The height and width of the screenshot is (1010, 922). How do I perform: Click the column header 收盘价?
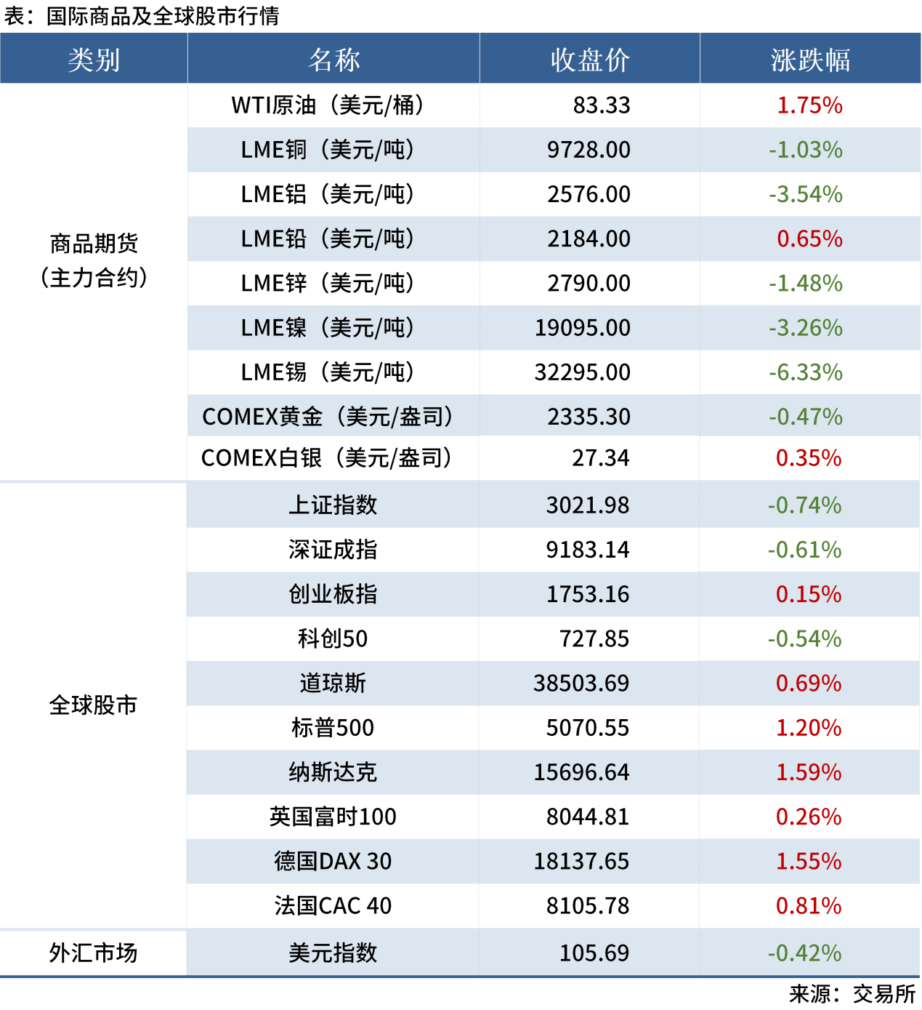click(589, 60)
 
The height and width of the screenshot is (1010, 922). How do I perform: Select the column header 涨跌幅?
click(810, 60)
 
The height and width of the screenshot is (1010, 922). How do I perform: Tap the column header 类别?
click(94, 60)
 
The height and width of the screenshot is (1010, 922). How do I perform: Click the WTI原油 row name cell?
click(327, 105)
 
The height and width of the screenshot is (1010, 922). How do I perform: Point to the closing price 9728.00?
click(589, 150)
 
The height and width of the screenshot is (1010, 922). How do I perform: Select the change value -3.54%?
click(806, 194)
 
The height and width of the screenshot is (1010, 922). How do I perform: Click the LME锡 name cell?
click(327, 372)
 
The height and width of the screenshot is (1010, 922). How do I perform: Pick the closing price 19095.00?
click(583, 328)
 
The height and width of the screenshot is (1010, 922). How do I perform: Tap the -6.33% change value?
click(806, 372)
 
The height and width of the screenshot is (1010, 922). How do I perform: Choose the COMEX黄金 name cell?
click(327, 417)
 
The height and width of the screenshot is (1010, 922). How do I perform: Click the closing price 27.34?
click(601, 458)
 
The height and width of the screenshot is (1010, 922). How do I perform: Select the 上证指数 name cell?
click(333, 505)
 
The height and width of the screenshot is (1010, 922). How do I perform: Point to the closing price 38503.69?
click(581, 684)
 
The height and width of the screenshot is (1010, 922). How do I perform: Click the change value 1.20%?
click(809, 728)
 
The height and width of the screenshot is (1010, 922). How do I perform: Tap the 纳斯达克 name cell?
click(333, 772)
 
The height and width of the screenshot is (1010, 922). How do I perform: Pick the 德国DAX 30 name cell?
click(333, 862)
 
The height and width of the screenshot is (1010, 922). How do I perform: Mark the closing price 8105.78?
click(588, 906)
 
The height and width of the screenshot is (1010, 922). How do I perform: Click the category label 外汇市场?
click(93, 953)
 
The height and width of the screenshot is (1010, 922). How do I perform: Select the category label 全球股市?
click(93, 705)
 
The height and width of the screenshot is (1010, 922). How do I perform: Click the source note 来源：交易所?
click(852, 994)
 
